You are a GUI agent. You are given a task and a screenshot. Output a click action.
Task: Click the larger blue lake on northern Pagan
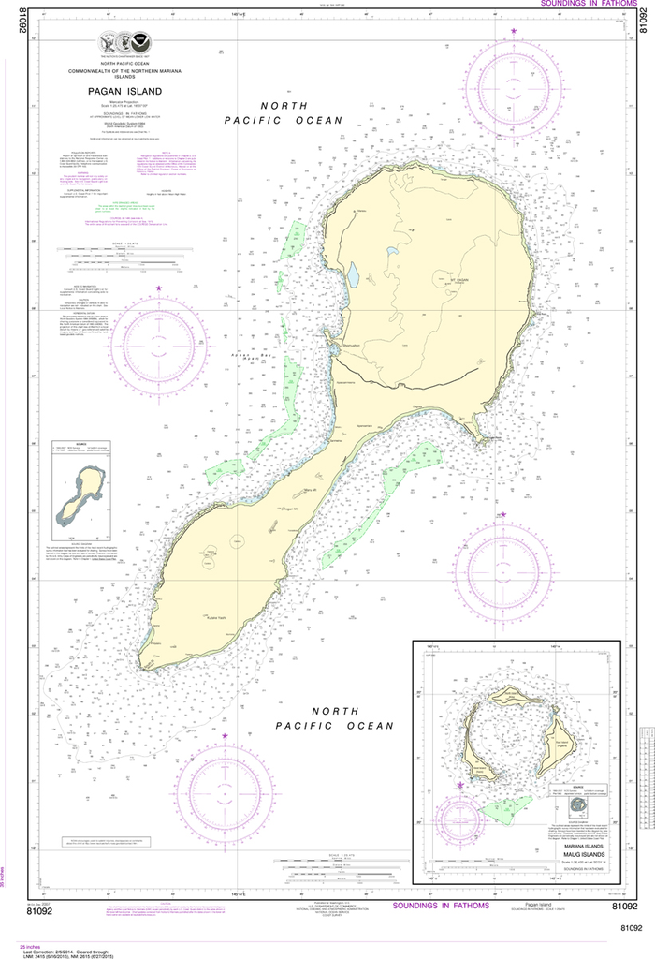click(353, 276)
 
